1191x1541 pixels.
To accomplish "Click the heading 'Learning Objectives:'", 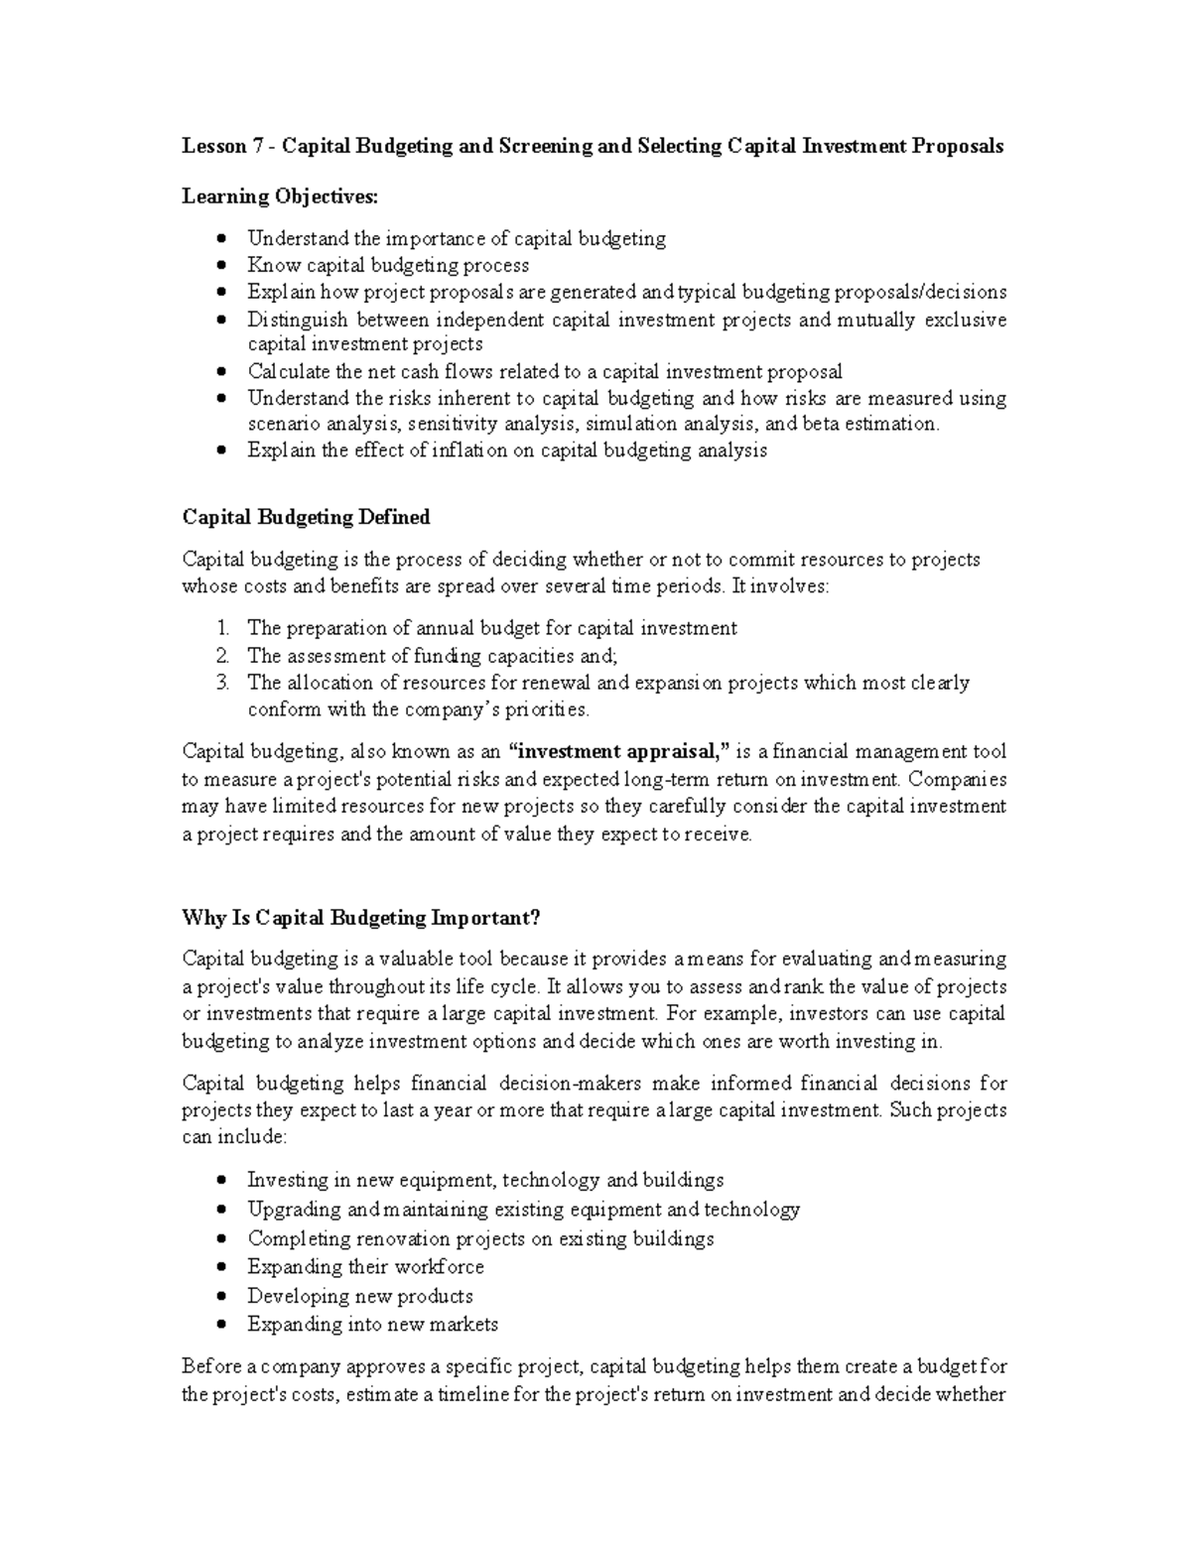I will (280, 196).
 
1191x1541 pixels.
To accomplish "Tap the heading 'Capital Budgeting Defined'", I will (306, 517).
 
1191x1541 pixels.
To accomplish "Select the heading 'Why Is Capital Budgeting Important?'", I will (361, 917).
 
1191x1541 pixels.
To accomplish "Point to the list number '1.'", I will (222, 628).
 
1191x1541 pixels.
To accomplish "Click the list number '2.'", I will (222, 656).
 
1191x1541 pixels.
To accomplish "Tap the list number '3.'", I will (222, 683).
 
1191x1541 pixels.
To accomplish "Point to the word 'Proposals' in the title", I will (957, 147).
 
